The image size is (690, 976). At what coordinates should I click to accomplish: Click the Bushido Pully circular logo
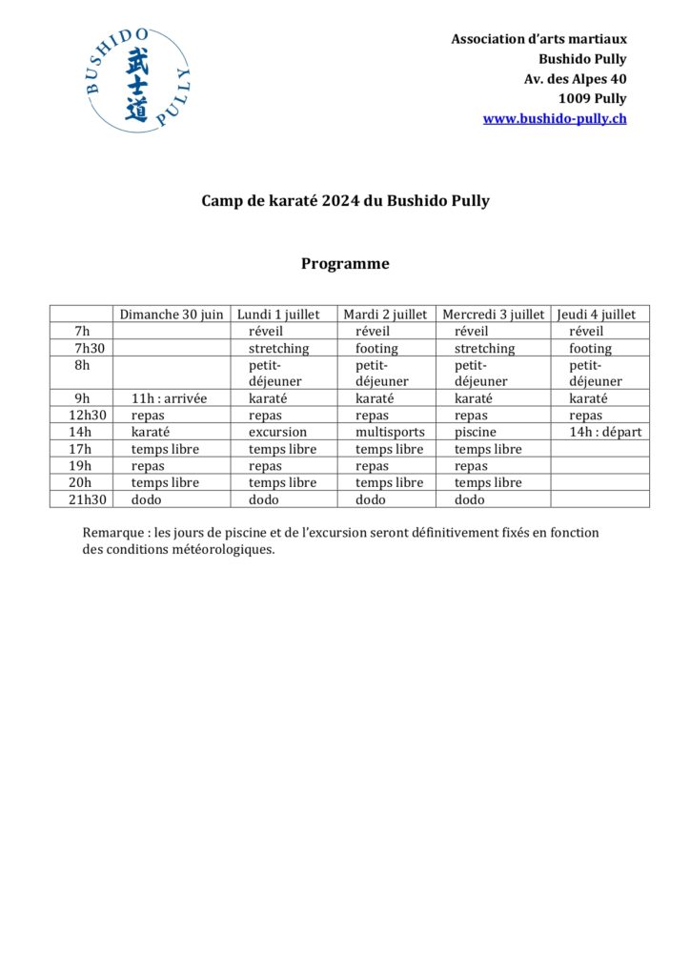(136, 80)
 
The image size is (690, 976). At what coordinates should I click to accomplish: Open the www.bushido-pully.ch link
(555, 119)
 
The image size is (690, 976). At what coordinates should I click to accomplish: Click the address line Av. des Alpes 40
(575, 79)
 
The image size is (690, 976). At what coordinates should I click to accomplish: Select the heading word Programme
(345, 264)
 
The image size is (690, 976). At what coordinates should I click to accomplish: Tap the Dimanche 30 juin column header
(172, 315)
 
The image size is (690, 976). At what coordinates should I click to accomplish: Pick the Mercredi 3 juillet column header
(493, 315)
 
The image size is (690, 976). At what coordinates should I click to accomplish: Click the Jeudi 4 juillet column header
(601, 315)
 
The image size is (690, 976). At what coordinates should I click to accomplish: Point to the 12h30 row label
(81, 416)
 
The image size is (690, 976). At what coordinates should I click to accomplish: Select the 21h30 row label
(81, 499)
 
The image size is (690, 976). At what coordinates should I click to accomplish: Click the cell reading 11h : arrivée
(169, 398)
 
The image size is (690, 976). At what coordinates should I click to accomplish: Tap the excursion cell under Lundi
(277, 432)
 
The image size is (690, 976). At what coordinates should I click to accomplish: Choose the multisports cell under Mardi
(390, 432)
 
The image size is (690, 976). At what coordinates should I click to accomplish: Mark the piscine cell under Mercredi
(475, 432)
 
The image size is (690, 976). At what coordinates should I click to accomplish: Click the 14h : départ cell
(605, 432)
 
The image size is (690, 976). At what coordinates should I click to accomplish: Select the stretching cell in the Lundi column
(278, 349)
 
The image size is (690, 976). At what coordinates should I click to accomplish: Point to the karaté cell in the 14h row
(151, 432)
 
